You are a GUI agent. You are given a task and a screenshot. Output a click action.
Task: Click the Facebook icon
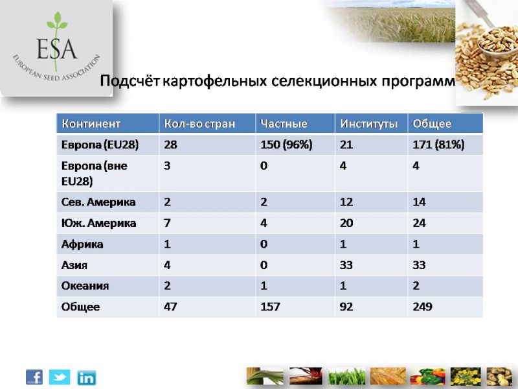(34, 377)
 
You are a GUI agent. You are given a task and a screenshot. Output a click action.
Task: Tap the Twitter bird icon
(60, 377)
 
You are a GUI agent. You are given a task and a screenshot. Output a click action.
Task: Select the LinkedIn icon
(87, 378)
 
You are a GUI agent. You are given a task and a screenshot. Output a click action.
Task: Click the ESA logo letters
(57, 49)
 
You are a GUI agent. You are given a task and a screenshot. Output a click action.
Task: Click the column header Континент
(91, 124)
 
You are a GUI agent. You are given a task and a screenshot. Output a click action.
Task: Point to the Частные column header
(284, 124)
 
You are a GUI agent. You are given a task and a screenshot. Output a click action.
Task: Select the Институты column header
(368, 124)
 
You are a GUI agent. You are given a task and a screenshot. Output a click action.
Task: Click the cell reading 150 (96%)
(286, 145)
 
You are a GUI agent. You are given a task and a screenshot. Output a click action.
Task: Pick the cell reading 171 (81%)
(438, 145)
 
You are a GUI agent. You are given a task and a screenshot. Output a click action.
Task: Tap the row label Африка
(82, 244)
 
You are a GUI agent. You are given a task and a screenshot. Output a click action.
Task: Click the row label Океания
(85, 286)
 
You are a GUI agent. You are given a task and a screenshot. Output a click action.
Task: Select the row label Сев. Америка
(98, 202)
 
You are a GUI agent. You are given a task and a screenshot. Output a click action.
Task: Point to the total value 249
(422, 307)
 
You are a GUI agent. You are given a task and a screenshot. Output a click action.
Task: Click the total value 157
(270, 307)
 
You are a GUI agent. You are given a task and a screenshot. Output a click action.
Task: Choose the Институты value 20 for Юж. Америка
(346, 223)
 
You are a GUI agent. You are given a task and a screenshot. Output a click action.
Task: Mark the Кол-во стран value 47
(170, 307)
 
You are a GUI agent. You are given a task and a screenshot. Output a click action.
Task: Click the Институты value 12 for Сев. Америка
(346, 202)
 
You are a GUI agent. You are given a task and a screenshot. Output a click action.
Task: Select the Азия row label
(74, 265)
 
